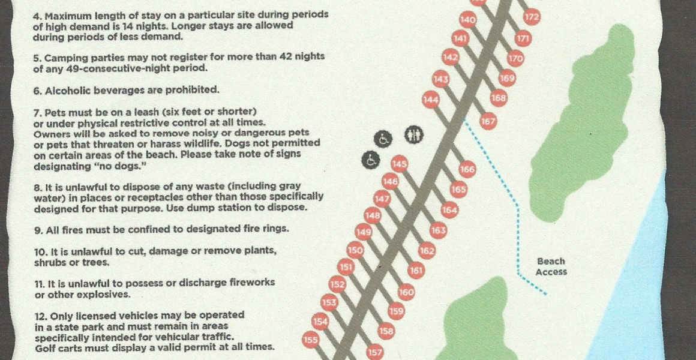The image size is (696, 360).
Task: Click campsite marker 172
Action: (x=532, y=17)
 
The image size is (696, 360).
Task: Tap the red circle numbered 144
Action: (x=430, y=100)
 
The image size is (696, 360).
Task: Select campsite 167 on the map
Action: (x=488, y=121)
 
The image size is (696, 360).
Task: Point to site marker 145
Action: (x=400, y=164)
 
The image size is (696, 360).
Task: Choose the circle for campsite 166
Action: (x=467, y=169)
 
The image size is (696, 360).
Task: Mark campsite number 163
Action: (x=438, y=230)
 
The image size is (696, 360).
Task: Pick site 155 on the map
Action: (x=311, y=340)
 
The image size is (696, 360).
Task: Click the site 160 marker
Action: (x=406, y=292)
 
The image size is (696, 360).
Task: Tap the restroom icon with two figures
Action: (x=414, y=136)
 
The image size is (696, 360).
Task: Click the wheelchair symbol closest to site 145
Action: (x=371, y=160)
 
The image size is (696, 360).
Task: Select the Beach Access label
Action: (x=551, y=266)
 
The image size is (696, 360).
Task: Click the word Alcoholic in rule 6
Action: (x=65, y=90)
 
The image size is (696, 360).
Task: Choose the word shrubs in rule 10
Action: (x=49, y=262)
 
